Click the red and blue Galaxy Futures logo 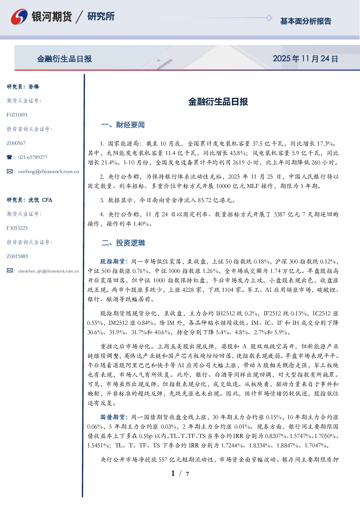pos(19,16)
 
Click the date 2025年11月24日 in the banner pos(305,59)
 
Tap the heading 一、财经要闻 pos(123,125)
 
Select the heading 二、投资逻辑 pos(123,243)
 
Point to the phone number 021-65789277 pos(33,157)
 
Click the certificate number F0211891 pos(17,115)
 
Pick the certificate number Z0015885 pos(17,256)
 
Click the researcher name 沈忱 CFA pos(40,200)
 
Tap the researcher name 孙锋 pos(34,87)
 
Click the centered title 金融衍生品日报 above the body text pos(218,102)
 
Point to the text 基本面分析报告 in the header pos(306,21)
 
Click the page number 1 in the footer pos(173,473)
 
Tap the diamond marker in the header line pos(269,18)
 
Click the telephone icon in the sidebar pos(9,157)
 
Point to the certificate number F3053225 pos(17,228)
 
